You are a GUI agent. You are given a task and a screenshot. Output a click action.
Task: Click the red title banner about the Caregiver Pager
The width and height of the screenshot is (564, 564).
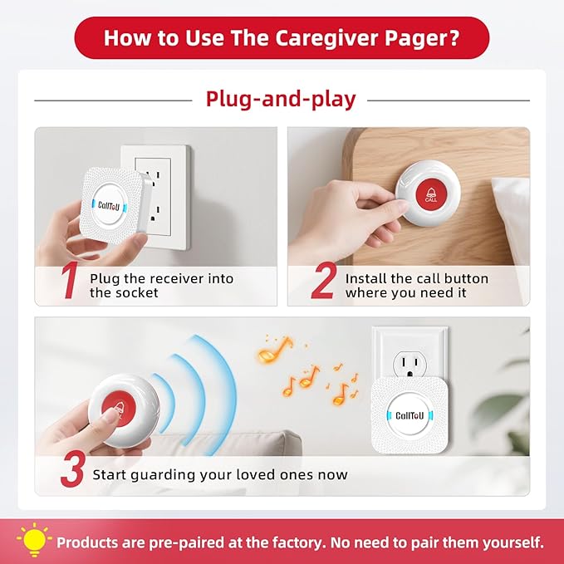tap(282, 37)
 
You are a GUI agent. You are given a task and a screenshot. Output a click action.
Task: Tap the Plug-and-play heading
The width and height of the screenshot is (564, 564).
tap(281, 100)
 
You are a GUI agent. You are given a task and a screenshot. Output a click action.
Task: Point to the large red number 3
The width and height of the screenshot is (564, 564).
tap(71, 471)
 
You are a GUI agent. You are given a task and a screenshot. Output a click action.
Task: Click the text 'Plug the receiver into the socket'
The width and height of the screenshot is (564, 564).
tap(161, 286)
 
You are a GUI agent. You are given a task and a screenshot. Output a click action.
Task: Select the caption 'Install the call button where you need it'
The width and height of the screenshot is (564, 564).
tap(416, 286)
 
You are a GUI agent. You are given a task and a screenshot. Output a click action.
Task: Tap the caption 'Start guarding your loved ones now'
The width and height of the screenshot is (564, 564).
tap(219, 475)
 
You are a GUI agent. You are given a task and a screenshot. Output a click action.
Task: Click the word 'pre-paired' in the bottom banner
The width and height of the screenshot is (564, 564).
tap(197, 542)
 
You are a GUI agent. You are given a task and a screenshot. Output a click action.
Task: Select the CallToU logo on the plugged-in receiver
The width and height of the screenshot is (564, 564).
tap(412, 415)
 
